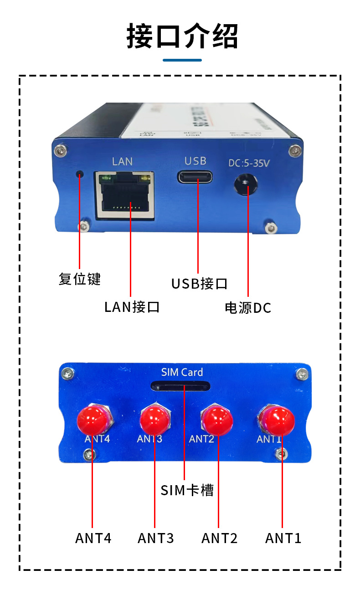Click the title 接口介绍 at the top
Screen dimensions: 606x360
click(x=182, y=36)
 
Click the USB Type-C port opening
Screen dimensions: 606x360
click(x=195, y=176)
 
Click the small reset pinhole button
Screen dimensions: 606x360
click(x=80, y=174)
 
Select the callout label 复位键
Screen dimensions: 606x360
click(x=79, y=279)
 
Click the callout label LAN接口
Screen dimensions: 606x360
click(x=132, y=306)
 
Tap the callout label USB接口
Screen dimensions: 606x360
click(x=199, y=284)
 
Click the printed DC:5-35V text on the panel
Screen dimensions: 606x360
click(x=249, y=163)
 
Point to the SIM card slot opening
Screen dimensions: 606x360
click(x=180, y=387)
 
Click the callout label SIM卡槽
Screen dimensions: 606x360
click(x=187, y=490)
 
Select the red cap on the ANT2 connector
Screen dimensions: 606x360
click(x=217, y=420)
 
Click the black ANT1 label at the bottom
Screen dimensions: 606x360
click(x=283, y=538)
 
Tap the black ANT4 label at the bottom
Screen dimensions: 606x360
click(x=93, y=538)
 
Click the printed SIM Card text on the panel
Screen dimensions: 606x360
click(x=182, y=372)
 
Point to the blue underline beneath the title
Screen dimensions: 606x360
click(x=182, y=60)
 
